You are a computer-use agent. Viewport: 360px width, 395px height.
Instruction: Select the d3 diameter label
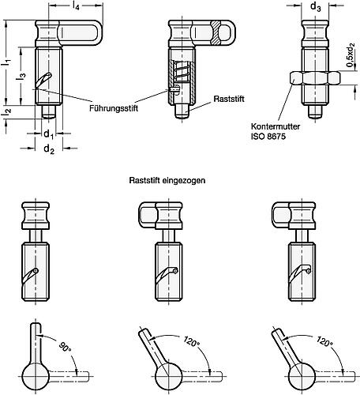pyautogui.click(x=316, y=7)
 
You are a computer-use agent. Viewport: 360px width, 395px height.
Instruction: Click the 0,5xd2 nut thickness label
pyautogui.click(x=351, y=78)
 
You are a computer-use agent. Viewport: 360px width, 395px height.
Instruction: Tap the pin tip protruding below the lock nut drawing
pyautogui.click(x=315, y=114)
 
